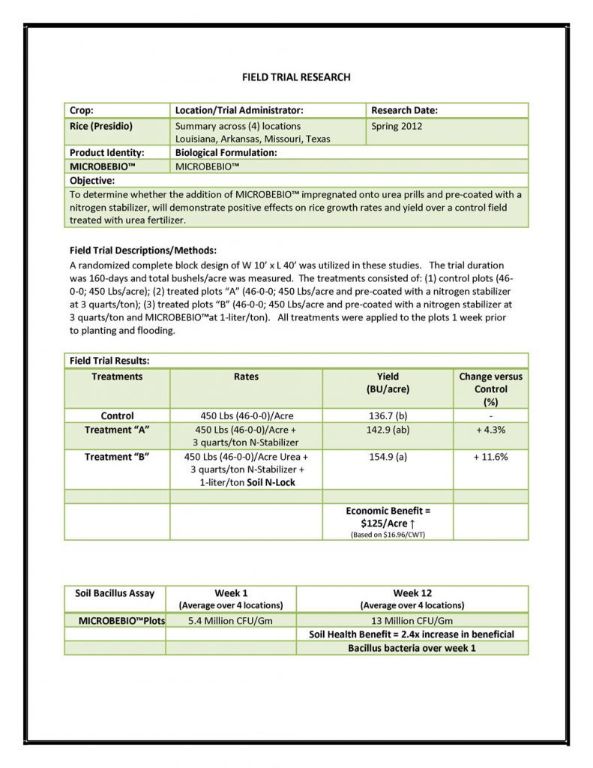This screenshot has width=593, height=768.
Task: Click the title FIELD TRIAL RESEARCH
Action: point(296,76)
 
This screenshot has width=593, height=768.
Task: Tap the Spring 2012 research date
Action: point(397,126)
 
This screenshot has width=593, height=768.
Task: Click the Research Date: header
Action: point(404,110)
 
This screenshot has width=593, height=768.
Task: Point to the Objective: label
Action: point(92,181)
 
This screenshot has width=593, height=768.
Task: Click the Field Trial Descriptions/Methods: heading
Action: point(142,250)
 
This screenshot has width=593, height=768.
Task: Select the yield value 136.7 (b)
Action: point(388,415)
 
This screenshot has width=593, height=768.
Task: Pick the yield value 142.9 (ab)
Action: point(388,430)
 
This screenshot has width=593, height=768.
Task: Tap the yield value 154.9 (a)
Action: point(388,457)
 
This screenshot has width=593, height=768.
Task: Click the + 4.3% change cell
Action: point(490,430)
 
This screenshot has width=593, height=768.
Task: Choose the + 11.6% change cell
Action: point(490,457)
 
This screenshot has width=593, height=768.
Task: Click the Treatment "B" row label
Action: point(117,457)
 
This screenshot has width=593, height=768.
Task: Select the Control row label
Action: point(117,415)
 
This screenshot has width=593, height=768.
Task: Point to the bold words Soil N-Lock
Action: point(271,482)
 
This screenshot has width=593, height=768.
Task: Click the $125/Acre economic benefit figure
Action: point(388,523)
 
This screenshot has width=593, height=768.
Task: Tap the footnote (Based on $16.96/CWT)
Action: point(388,535)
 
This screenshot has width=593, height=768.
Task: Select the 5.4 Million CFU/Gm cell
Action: point(230,620)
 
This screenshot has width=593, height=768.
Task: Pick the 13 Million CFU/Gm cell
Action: point(412,620)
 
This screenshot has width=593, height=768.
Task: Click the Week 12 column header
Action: point(412,593)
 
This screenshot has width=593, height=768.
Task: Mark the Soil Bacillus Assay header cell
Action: point(115,593)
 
